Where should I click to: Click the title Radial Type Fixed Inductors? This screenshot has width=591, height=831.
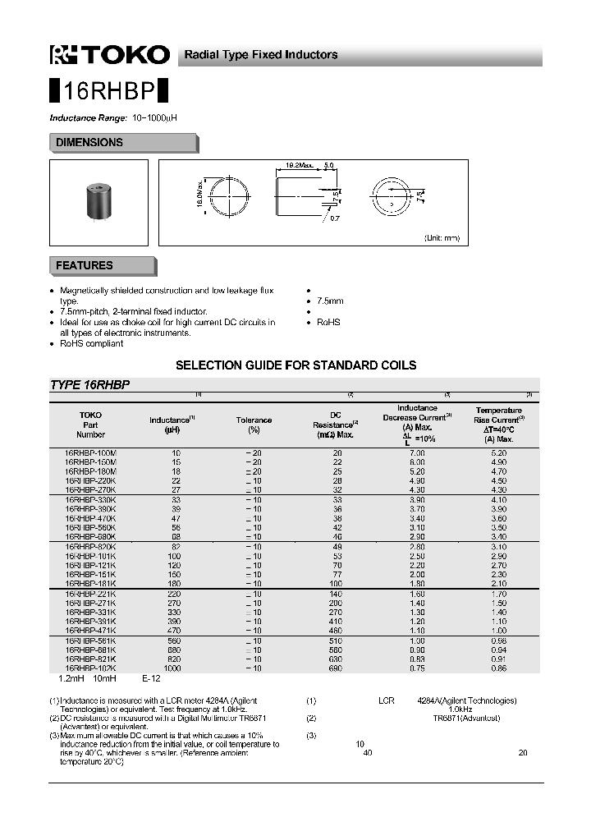pos(260,55)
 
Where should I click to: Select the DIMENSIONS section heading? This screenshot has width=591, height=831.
pos(89,143)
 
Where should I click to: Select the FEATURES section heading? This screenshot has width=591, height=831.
pos(84,266)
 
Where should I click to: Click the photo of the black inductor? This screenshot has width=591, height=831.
pos(98,202)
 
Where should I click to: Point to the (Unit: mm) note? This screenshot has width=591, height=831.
pos(442,237)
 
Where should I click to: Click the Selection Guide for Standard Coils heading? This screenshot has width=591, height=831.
pos(295,365)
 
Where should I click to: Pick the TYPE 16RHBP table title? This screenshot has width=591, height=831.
pos(90,384)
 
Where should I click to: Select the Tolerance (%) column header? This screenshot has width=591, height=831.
pos(254,425)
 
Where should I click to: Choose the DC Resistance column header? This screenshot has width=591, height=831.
pos(335,425)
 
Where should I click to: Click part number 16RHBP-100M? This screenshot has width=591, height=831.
pos(90,452)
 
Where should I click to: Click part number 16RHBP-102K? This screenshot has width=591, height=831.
pos(90,668)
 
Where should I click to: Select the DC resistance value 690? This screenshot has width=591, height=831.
pos(335,668)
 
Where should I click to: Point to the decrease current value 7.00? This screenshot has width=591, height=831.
pos(417,452)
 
